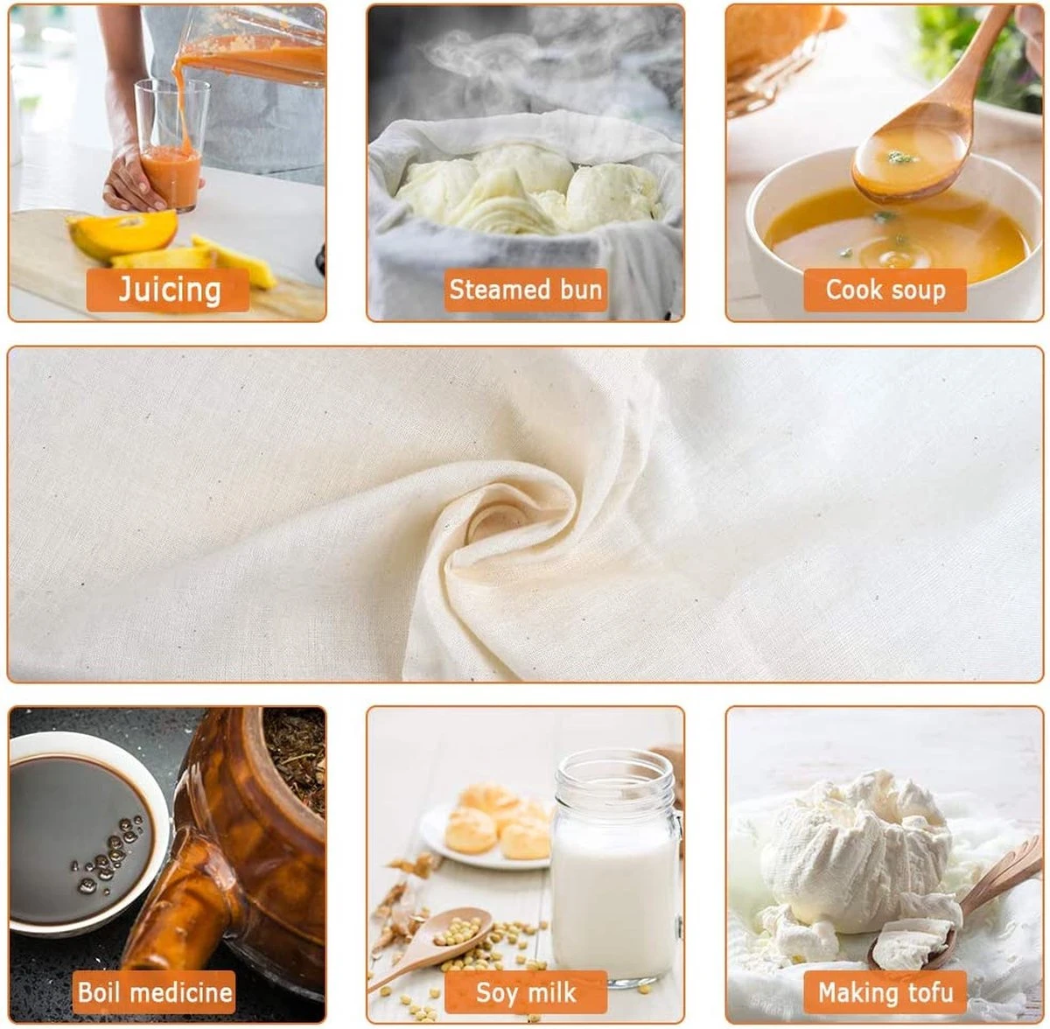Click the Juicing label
pyautogui.click(x=168, y=290)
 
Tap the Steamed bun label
pyautogui.click(x=525, y=290)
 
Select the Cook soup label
pyautogui.click(x=885, y=290)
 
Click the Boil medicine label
pyautogui.click(x=154, y=992)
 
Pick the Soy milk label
pyautogui.click(x=525, y=992)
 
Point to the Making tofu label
pyautogui.click(x=885, y=992)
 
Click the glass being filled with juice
pyautogui.click(x=171, y=144)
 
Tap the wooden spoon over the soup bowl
pyautogui.click(x=927, y=120)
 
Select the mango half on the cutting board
pyautogui.click(x=122, y=234)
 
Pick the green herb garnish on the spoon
pyautogui.click(x=900, y=157)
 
